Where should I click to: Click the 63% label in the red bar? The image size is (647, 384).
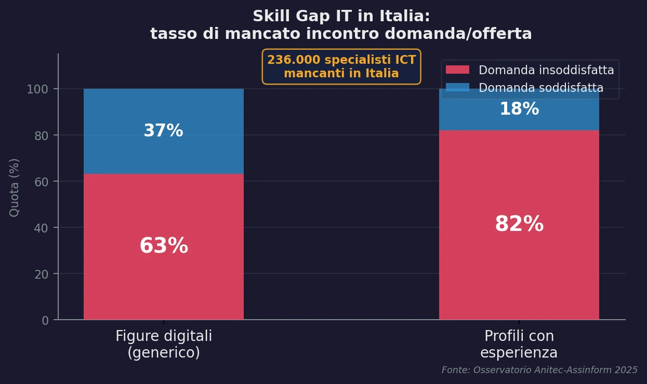[x=164, y=246]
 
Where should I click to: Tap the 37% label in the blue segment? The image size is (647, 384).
[x=163, y=131]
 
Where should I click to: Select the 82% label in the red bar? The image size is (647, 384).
[x=519, y=225]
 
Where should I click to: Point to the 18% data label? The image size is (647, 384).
[x=519, y=109]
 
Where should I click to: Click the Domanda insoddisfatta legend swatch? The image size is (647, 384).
[x=457, y=70]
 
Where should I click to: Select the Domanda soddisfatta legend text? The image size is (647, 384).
[x=541, y=88]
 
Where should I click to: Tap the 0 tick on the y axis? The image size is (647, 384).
[x=45, y=320]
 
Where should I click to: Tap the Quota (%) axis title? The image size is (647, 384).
[x=15, y=187]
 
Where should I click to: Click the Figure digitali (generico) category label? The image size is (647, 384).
[x=164, y=345]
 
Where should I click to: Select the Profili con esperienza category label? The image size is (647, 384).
[x=519, y=345]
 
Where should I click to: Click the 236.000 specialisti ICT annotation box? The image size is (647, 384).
[x=341, y=66]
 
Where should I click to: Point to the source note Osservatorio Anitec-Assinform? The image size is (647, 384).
[x=539, y=370]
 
